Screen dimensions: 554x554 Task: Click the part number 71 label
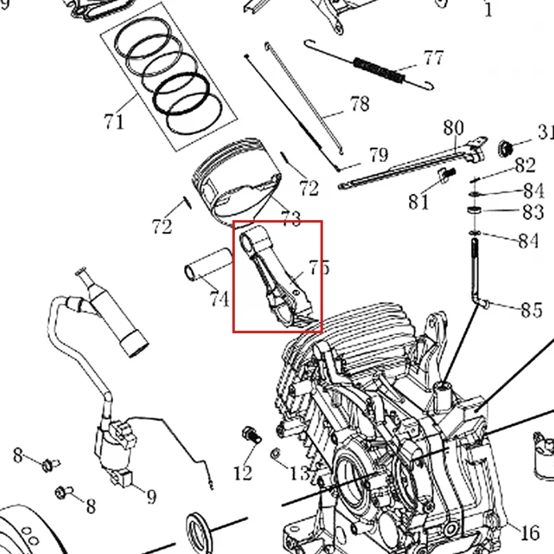tap(114, 122)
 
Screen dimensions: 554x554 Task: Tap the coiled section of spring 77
tap(378, 71)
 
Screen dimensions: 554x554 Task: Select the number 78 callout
tap(360, 104)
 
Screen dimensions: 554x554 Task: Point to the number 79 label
tap(379, 154)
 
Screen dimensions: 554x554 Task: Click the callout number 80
tap(454, 127)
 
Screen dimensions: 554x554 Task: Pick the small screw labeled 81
tap(447, 175)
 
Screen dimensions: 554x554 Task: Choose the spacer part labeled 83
tap(474, 211)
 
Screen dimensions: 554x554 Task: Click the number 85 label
tap(532, 310)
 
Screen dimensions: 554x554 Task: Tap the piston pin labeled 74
tap(208, 265)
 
